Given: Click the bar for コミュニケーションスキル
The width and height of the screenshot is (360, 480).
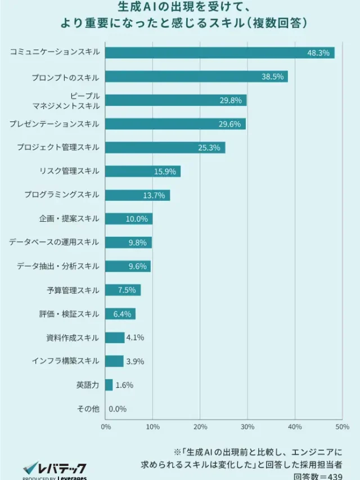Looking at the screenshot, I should tap(219, 53).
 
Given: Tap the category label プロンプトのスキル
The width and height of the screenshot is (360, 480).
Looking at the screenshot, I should tap(65, 77).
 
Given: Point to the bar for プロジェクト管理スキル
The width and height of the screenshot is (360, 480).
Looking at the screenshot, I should tap(165, 148).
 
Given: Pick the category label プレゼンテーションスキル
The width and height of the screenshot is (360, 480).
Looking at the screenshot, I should tap(54, 124).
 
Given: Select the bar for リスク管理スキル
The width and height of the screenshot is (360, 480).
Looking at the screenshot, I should tap(142, 172).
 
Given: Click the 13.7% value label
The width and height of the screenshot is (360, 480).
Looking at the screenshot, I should tap(154, 195).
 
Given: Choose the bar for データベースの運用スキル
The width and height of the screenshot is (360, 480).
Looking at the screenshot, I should tap(128, 243).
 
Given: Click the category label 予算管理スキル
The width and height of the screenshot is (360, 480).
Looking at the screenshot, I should tap(73, 290).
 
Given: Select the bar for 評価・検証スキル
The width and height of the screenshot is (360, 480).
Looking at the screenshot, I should tap(120, 314).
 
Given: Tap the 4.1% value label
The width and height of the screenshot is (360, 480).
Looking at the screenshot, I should tap(135, 338).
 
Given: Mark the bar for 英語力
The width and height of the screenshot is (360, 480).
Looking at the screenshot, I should tap(109, 385).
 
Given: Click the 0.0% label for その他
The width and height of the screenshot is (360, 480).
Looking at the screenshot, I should tap(117, 409).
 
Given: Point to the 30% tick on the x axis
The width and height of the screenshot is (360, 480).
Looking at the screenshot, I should tap(247, 427).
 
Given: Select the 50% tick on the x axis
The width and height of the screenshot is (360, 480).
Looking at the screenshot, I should tap(342, 427).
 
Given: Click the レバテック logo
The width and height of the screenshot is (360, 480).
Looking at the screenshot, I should tap(54, 468).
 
